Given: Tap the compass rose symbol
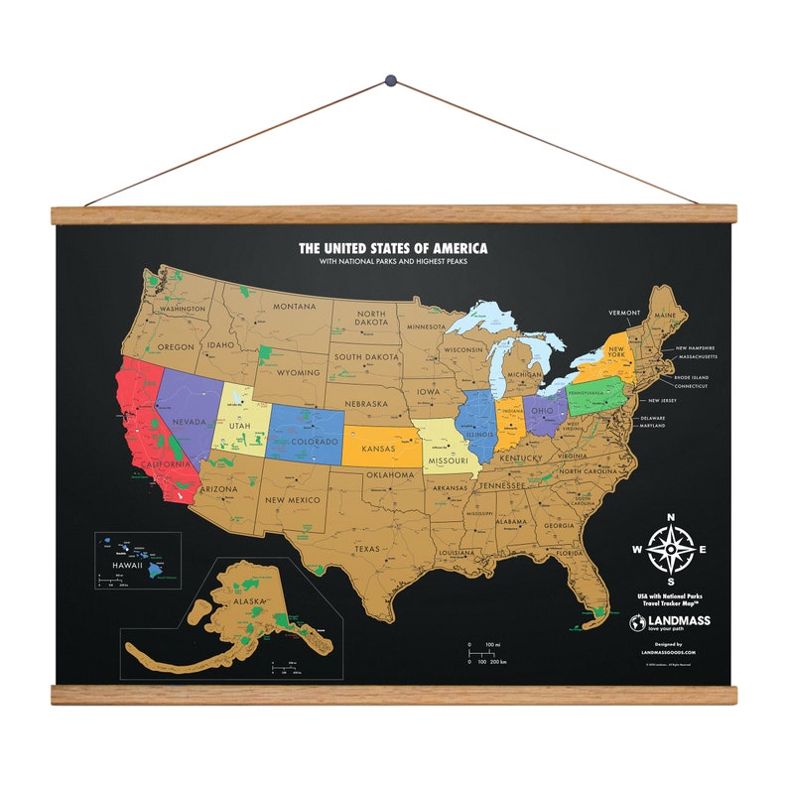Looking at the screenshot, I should point(671,549).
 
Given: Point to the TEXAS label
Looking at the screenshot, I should point(366,548).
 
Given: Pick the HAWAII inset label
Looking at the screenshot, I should point(128,566).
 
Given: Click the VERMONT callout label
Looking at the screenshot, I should point(625,313).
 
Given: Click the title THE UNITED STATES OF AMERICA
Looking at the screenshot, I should point(393,248).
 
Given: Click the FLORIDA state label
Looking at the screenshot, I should point(569,553).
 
